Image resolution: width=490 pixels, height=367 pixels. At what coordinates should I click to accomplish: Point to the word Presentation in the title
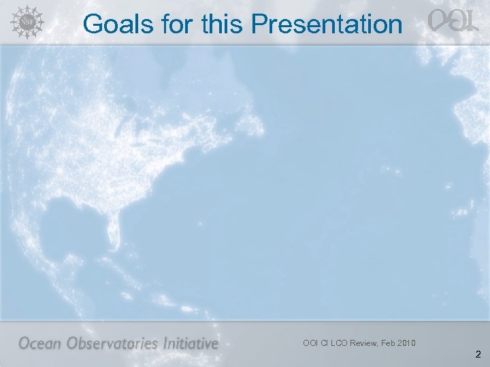(x=327, y=24)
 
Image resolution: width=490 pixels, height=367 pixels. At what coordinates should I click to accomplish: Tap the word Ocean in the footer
(x=42, y=343)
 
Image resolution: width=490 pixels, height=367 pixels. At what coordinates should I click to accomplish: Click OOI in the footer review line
(x=311, y=343)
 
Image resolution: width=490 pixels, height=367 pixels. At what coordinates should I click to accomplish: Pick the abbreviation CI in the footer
(x=327, y=343)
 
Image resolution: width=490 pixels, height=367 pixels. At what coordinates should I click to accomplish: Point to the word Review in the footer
(x=368, y=343)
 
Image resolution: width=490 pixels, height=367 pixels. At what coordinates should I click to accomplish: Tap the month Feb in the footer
(x=394, y=343)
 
